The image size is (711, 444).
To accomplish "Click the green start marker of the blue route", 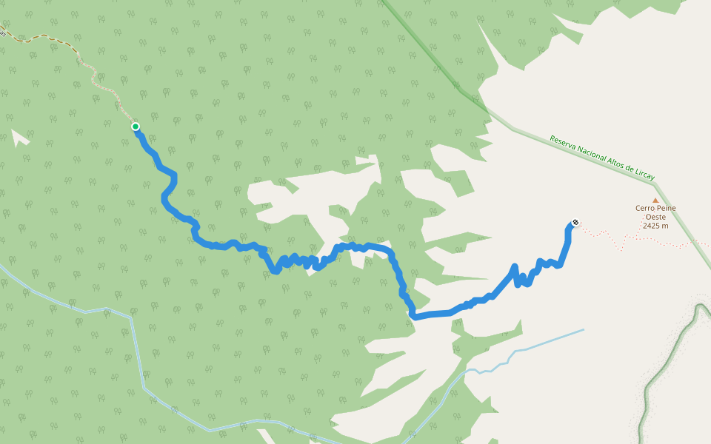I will click(x=136, y=127).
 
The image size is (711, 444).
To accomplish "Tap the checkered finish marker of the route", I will click(x=575, y=222).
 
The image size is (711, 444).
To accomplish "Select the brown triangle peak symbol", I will click(x=655, y=200).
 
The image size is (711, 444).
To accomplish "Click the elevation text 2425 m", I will click(x=655, y=226).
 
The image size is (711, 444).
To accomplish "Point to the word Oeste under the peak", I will click(x=655, y=217).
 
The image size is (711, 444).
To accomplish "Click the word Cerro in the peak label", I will click(x=644, y=209).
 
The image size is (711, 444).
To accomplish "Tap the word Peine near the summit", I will click(x=666, y=209).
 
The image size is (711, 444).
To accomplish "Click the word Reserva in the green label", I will click(x=562, y=141).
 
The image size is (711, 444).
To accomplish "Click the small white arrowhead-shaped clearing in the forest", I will click(x=20, y=138).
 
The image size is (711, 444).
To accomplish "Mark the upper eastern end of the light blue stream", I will click(x=582, y=330).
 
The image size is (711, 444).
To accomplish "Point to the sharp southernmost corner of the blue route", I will click(x=413, y=317).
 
